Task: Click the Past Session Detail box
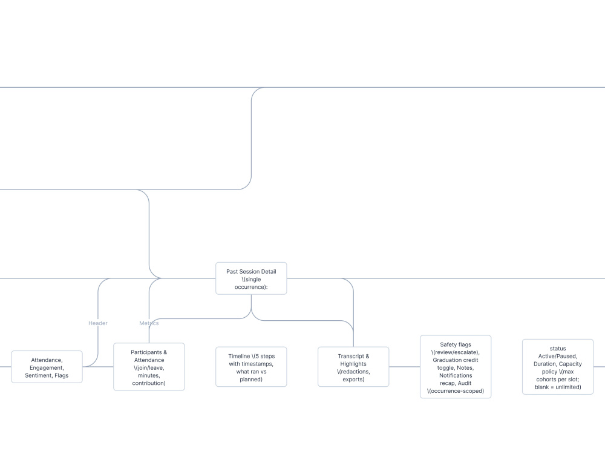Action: (x=251, y=278)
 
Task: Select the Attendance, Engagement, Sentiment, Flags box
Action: (x=47, y=367)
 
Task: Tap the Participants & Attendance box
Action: (x=149, y=367)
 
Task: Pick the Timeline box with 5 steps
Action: (x=251, y=367)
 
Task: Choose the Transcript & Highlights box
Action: (x=353, y=367)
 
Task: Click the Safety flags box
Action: (x=456, y=367)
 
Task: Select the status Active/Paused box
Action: (x=558, y=367)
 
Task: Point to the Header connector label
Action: (x=98, y=323)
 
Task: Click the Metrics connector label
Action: (x=149, y=323)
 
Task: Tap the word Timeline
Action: (x=239, y=357)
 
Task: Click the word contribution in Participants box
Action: (x=149, y=383)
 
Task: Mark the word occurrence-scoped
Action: (x=456, y=391)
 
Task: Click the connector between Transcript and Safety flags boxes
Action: (x=404, y=367)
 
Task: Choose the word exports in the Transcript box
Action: (x=353, y=380)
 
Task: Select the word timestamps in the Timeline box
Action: (x=257, y=364)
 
